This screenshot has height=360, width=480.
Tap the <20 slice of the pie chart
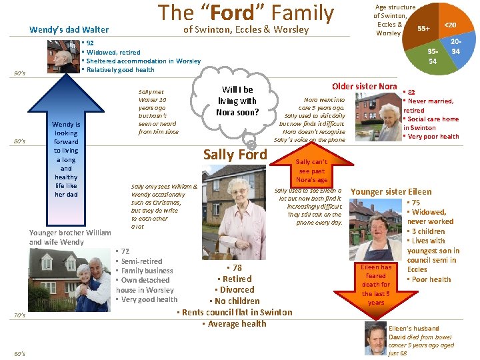pos(451,25)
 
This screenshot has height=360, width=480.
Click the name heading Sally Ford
pos(235,155)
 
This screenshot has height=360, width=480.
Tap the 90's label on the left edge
pos(19,73)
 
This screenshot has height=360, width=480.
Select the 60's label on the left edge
pos(19,353)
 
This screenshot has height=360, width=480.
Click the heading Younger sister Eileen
pos(391,191)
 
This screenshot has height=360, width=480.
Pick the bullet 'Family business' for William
pos(146,271)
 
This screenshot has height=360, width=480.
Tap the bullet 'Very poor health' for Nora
pos(433,137)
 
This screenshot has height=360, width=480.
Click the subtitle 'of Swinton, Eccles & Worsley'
pos(246,29)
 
